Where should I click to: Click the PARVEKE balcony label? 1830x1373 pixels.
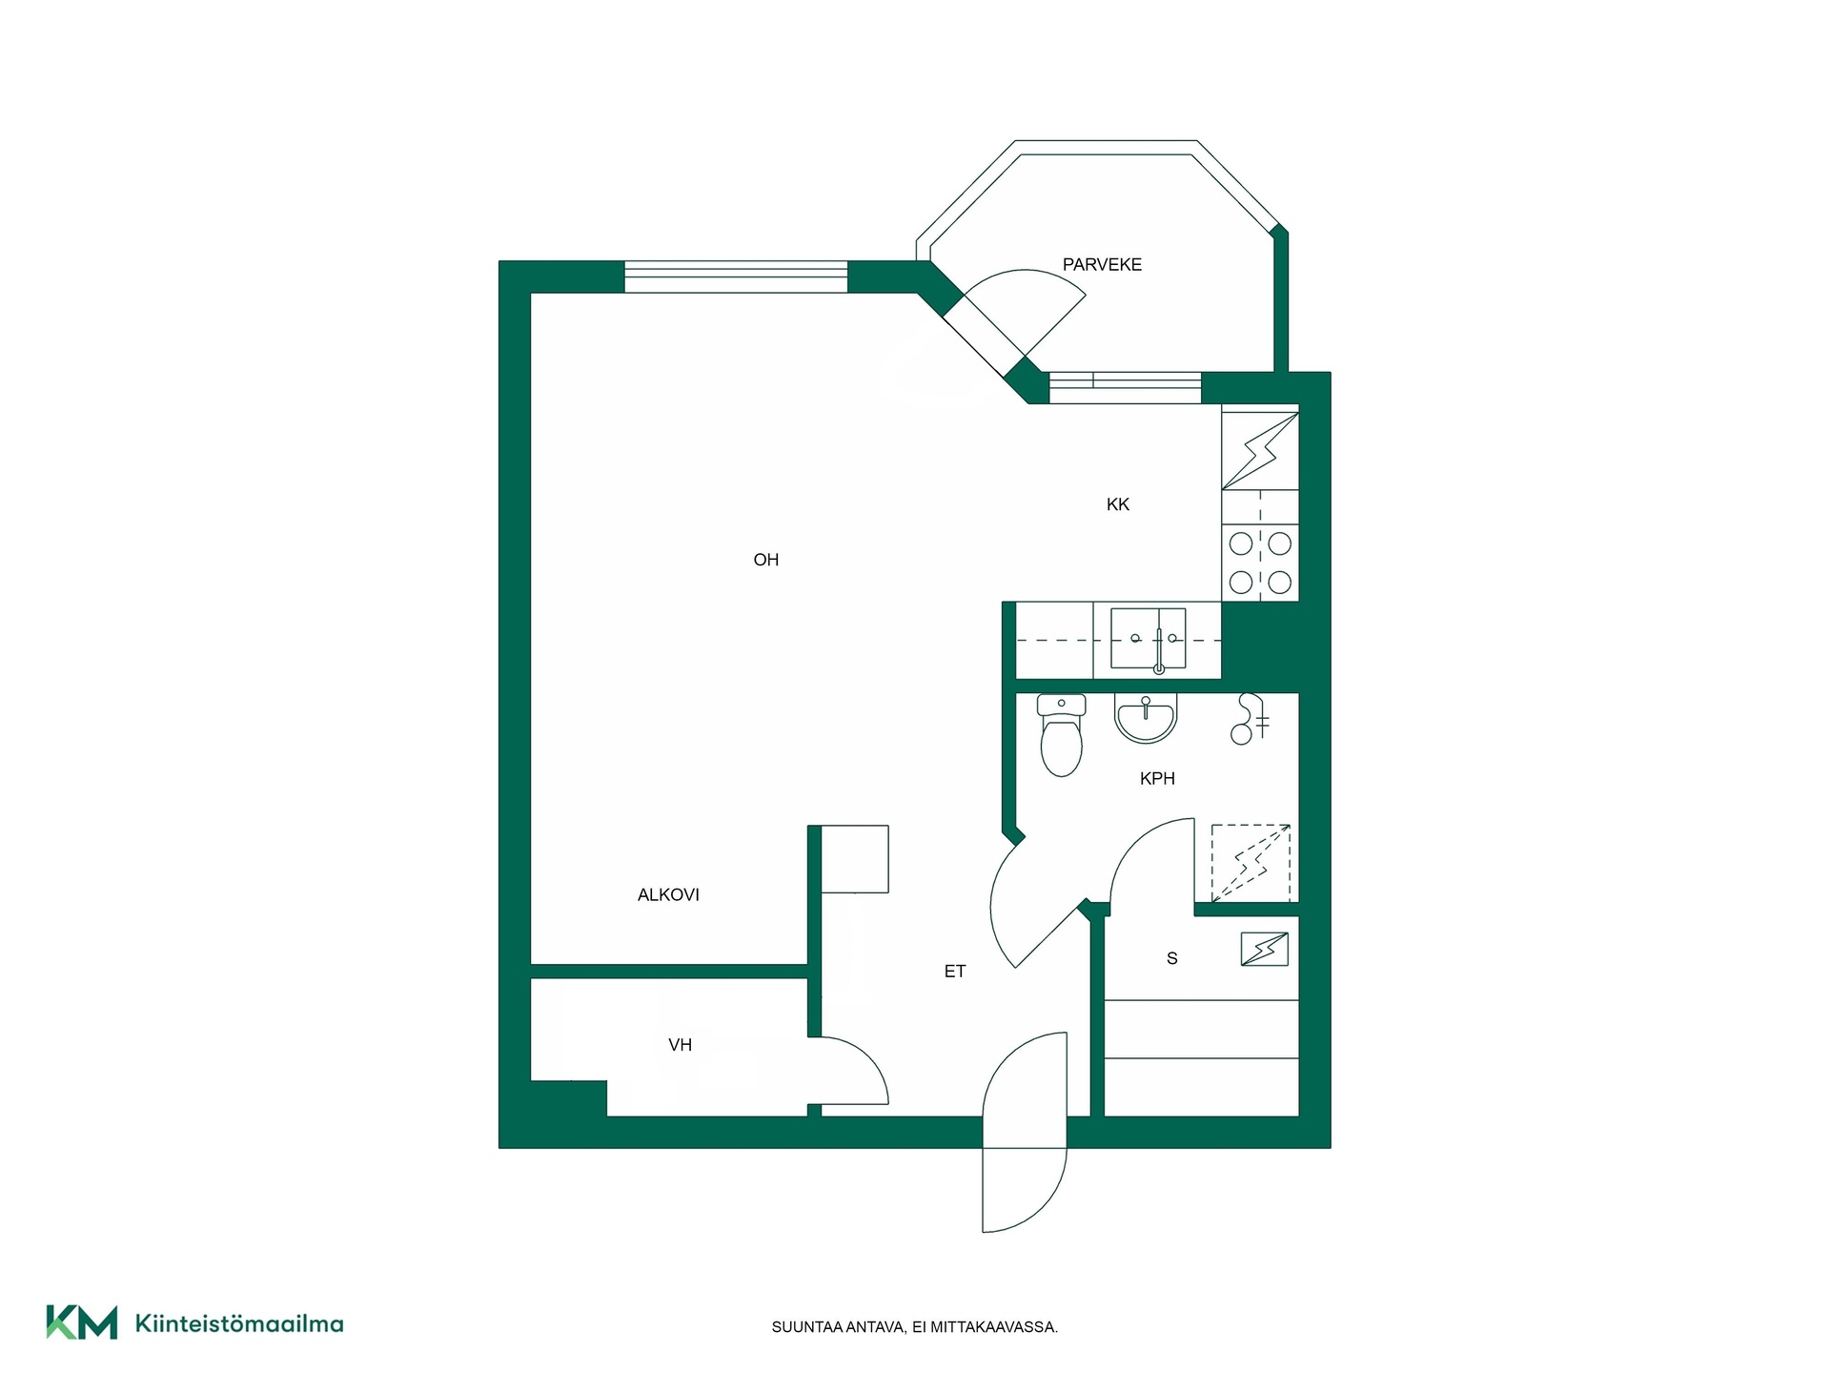click(x=1102, y=265)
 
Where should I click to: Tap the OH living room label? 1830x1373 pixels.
click(x=766, y=560)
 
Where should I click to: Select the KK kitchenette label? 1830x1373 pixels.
click(x=1118, y=504)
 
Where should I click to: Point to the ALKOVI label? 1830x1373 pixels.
click(x=668, y=894)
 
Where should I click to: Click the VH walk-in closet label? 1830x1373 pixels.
click(x=680, y=1045)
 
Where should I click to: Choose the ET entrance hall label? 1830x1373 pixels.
click(x=955, y=972)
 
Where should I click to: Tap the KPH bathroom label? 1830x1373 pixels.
click(x=1157, y=779)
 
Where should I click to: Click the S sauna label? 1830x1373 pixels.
click(x=1172, y=958)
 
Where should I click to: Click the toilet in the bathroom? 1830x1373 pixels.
click(x=1061, y=735)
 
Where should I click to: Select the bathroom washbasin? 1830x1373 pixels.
click(x=1147, y=718)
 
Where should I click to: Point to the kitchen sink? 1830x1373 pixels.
click(x=1149, y=639)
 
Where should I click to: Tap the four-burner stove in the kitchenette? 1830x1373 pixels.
click(x=1260, y=563)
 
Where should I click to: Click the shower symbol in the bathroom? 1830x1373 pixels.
click(x=1249, y=719)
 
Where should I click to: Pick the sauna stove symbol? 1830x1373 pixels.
click(x=1265, y=950)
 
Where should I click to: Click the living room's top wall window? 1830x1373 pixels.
click(x=736, y=277)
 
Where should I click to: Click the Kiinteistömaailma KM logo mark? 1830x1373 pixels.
click(x=82, y=1322)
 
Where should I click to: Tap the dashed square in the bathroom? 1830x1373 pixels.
click(x=1250, y=863)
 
